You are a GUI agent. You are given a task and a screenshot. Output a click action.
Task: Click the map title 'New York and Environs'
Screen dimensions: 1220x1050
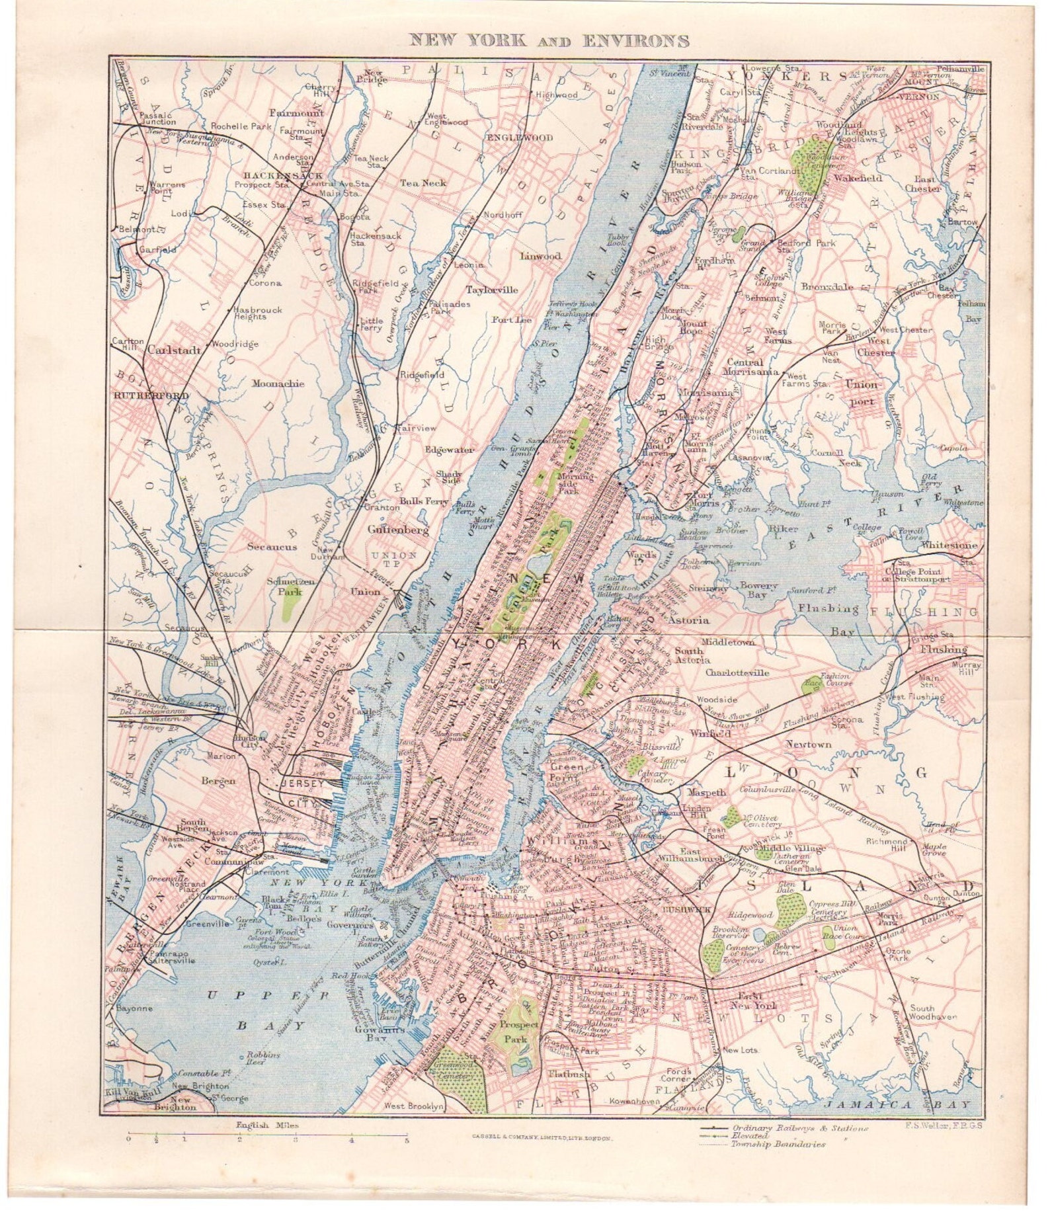[549, 40]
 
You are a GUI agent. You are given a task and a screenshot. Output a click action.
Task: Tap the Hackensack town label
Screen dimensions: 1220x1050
[264, 175]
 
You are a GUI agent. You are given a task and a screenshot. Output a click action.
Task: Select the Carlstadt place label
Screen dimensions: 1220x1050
[174, 350]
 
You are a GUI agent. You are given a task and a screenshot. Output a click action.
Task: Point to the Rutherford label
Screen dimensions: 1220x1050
[142, 395]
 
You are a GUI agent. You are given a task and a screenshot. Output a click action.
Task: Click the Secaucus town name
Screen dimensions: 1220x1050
[272, 546]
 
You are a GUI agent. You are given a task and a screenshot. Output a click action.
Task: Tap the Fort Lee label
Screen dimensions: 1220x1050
[511, 320]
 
